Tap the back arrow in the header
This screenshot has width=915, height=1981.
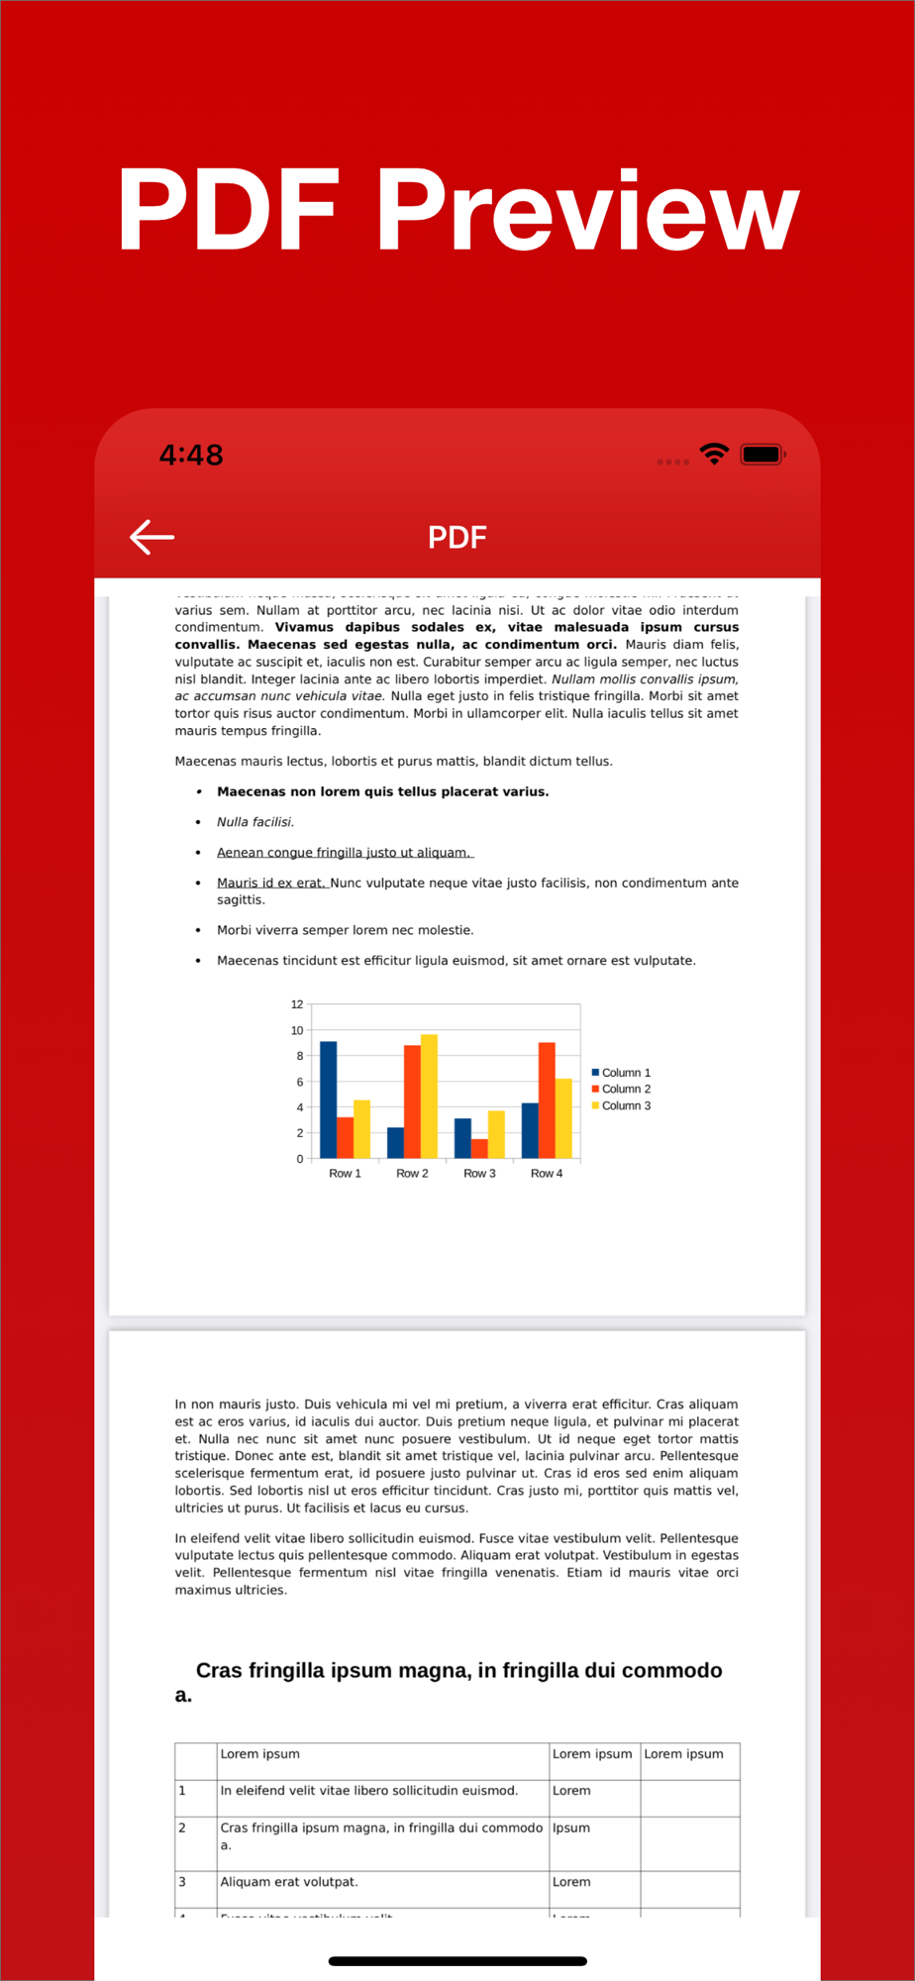point(152,537)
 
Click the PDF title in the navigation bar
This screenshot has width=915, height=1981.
point(457,537)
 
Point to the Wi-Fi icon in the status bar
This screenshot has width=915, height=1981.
point(714,455)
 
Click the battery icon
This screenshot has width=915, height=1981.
point(762,455)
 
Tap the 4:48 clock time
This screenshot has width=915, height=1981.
point(191,455)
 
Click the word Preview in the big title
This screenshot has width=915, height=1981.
point(587,209)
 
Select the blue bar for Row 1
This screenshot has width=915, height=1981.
point(329,1099)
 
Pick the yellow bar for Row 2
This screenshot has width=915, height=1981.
point(429,1096)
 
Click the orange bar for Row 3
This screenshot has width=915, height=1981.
point(479,1148)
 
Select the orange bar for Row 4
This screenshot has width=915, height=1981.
point(547,1099)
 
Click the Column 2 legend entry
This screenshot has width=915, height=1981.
point(622,1089)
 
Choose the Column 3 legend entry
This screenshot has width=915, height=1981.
point(622,1105)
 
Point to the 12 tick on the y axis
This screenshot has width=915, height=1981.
point(297,1004)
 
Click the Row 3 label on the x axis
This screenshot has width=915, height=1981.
point(479,1173)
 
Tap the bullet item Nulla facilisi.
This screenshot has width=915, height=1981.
point(255,822)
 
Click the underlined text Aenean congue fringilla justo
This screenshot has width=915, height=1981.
point(343,853)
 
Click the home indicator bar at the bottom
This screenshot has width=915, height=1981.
point(457,1960)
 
